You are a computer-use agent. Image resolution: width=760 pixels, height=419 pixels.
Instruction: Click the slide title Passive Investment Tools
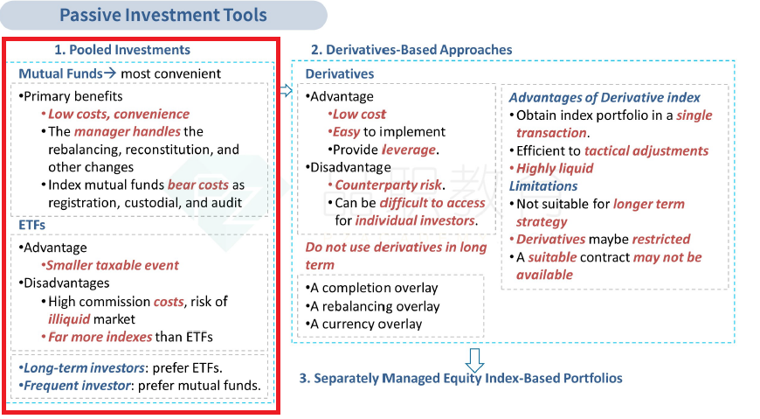[x=162, y=15]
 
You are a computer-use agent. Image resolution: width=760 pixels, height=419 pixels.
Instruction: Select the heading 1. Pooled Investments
[x=122, y=50]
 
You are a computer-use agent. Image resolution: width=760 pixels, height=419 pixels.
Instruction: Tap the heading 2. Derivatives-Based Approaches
[x=411, y=50]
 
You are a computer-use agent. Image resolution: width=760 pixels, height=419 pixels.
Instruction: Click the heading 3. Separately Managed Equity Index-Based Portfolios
[x=460, y=378]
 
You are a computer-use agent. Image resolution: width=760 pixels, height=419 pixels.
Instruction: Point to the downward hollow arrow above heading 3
[x=474, y=360]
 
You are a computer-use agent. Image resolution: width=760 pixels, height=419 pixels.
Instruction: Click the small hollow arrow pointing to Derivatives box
[x=287, y=90]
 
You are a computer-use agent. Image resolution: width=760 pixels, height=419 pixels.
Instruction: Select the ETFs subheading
[x=32, y=226]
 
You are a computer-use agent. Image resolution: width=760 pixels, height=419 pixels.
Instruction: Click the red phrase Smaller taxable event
[x=112, y=265]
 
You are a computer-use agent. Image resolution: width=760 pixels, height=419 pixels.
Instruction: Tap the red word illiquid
[x=69, y=319]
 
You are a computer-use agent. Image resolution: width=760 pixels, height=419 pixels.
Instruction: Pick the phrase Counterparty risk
[x=388, y=185]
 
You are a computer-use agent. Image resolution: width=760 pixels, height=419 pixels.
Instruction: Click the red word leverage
[x=409, y=150]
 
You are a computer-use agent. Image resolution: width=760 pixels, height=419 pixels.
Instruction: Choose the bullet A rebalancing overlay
[x=373, y=306]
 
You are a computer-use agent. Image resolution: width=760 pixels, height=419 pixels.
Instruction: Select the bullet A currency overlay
[x=364, y=324]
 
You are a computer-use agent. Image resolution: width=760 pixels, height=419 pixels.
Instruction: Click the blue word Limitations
[x=542, y=186]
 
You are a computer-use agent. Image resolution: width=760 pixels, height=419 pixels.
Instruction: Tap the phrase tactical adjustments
[x=646, y=150]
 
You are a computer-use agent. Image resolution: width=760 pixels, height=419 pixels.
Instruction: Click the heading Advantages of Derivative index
[x=605, y=98]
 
